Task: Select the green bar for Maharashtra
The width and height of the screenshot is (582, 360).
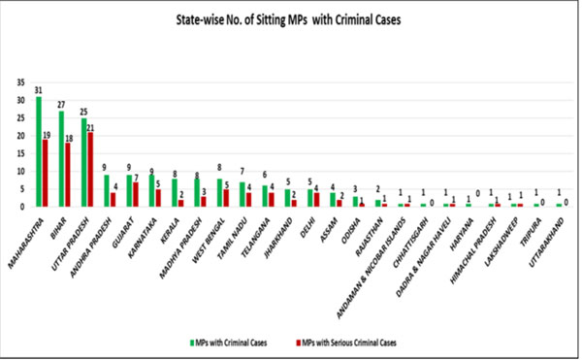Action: point(39,151)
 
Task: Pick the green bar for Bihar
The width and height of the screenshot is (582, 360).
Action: point(61,158)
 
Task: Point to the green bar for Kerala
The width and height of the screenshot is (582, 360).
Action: point(174,192)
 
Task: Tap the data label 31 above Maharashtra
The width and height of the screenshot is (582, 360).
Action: point(38,90)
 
